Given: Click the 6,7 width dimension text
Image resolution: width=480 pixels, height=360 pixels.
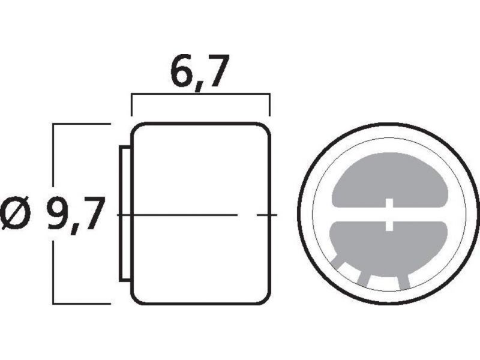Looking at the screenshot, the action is click(200, 72).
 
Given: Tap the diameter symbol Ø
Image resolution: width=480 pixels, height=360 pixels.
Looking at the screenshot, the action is click(16, 212).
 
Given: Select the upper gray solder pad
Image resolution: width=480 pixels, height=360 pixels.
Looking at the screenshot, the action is click(389, 181).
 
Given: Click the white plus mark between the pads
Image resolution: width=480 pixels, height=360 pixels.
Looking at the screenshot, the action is click(389, 214).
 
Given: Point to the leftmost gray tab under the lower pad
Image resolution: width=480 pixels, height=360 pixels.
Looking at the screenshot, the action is click(338, 261).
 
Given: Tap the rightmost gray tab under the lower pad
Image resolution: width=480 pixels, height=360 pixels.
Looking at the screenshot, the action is click(404, 281).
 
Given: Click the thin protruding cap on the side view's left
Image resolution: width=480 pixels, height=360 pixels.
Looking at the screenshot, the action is click(125, 214).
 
